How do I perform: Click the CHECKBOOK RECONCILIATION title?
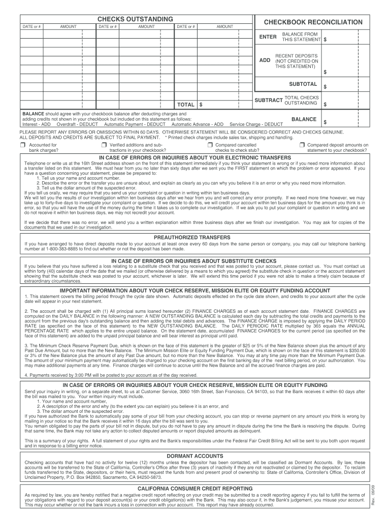point(313,22)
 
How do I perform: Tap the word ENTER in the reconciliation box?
point(268,37)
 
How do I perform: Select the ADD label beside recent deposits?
point(265,60)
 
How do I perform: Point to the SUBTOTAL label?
point(303,84)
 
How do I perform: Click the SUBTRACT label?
point(268,100)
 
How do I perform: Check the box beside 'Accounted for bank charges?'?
point(22,145)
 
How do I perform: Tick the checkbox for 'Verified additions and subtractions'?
point(105,145)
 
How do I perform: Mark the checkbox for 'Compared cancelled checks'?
point(210,145)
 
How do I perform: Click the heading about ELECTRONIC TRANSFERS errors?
point(195,157)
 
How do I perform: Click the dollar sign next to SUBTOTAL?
point(325,87)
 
